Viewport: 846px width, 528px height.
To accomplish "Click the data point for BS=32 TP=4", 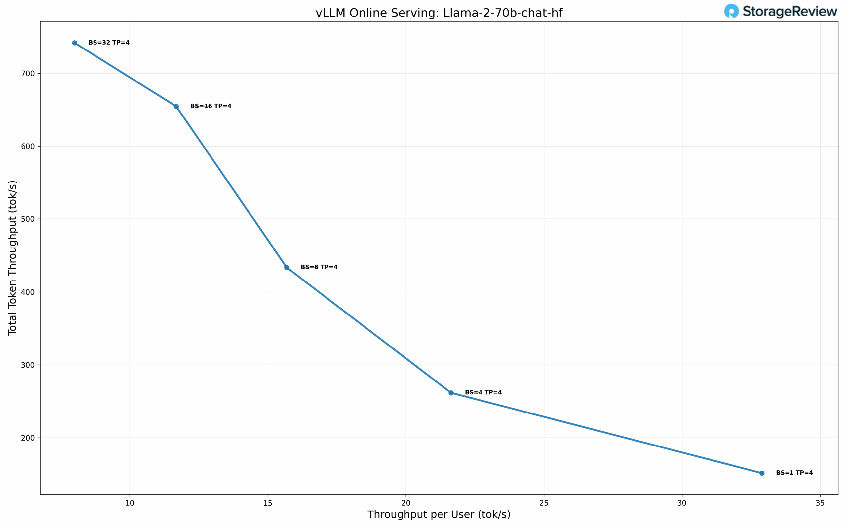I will (74, 43).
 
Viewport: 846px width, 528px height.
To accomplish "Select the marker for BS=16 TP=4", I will (176, 107).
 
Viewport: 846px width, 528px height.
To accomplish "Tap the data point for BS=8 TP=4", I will (287, 268).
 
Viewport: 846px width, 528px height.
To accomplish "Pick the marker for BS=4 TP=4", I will (451, 393).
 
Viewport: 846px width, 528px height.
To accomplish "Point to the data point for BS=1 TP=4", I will (762, 473).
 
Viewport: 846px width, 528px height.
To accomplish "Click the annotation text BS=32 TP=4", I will (109, 43).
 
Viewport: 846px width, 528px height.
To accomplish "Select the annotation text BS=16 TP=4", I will (211, 106).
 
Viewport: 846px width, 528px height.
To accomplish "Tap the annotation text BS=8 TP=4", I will (319, 267).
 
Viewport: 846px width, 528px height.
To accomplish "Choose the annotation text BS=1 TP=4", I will (794, 473).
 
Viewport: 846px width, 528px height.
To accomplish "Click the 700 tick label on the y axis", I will (28, 73).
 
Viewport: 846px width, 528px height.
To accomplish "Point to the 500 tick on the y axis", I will (28, 219).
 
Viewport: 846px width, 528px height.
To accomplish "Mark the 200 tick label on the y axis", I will (28, 438).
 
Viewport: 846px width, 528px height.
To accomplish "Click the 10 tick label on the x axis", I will (130, 503).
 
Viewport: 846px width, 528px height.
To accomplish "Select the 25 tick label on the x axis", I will (544, 503).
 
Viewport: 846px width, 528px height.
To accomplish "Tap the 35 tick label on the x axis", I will (820, 503).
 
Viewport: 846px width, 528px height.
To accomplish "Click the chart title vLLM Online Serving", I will (439, 13).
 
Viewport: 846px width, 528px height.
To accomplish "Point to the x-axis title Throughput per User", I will (439, 515).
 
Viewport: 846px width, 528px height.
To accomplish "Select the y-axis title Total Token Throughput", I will (12, 258).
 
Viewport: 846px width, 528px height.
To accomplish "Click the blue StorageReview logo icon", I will (731, 11).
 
